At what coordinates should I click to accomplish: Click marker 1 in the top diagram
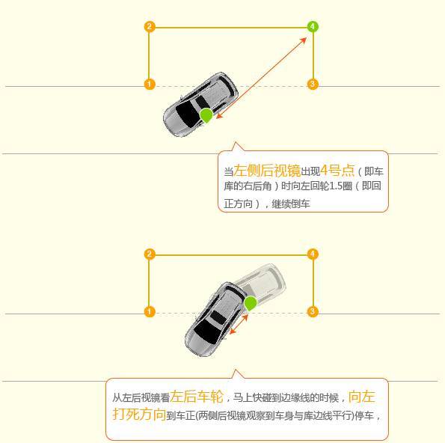tap(150, 85)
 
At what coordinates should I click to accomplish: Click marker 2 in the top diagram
tap(150, 27)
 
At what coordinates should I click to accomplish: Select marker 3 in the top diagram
tap(313, 85)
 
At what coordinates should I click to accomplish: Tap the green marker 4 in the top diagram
tap(313, 27)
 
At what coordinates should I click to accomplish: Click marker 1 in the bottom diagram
tap(150, 311)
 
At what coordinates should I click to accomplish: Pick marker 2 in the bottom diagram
tap(150, 254)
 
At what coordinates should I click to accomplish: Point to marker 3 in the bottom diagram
tap(313, 311)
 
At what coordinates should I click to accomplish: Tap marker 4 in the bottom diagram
tap(313, 254)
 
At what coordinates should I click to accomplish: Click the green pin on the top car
tap(206, 114)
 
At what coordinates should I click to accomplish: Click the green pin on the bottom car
tap(251, 302)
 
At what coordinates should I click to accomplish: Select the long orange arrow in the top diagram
tap(262, 75)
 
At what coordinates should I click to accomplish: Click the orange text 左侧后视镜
tap(267, 170)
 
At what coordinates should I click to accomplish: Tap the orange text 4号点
tap(337, 170)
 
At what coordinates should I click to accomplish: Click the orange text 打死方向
tap(139, 414)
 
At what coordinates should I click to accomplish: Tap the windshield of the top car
tap(187, 114)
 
